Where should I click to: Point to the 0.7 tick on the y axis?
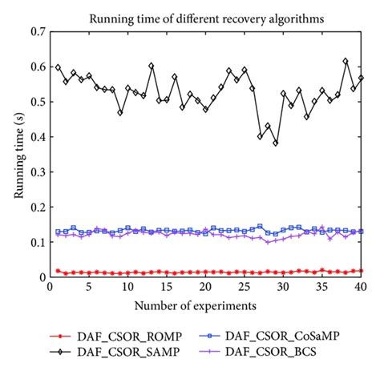pyautogui.click(x=35, y=32)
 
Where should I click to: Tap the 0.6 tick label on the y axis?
pyautogui.click(x=35, y=67)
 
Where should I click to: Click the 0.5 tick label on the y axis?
pyautogui.click(x=35, y=103)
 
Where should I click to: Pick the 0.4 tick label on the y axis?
pyautogui.click(x=35, y=137)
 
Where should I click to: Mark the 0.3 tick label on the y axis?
pyautogui.click(x=35, y=172)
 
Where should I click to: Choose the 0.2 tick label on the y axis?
pyautogui.click(x=35, y=208)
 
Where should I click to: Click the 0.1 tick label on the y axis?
pyautogui.click(x=35, y=243)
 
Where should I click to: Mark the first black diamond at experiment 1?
pyautogui.click(x=58, y=67)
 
